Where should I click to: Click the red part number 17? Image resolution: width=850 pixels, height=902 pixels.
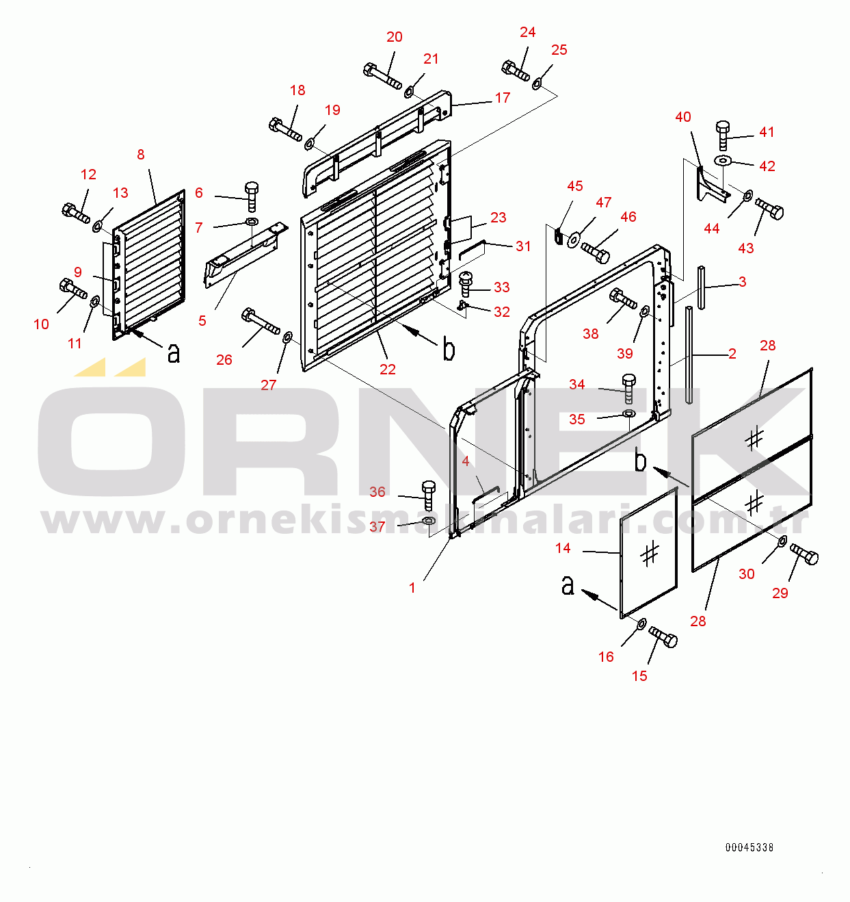pyautogui.click(x=503, y=98)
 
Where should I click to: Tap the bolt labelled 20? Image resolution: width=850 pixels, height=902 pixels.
pyautogui.click(x=382, y=76)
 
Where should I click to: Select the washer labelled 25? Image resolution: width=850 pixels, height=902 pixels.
pyautogui.click(x=537, y=83)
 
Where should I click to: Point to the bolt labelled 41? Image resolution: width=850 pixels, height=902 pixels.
pyautogui.click(x=723, y=136)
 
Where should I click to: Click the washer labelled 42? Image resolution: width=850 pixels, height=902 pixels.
pyautogui.click(x=723, y=160)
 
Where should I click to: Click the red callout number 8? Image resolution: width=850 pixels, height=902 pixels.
pyautogui.click(x=141, y=155)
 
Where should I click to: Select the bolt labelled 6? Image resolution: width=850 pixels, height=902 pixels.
pyautogui.click(x=252, y=197)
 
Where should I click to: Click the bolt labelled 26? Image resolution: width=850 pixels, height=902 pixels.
pyautogui.click(x=261, y=321)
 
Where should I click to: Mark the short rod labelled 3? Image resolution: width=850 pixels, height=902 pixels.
pyautogui.click(x=701, y=287)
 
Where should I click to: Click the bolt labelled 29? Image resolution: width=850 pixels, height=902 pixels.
pyautogui.click(x=804, y=554)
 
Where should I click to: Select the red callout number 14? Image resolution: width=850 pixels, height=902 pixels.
pyautogui.click(x=563, y=548)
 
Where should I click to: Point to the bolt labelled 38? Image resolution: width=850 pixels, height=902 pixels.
pyautogui.click(x=624, y=299)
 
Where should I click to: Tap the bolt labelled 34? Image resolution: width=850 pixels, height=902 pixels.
pyautogui.click(x=628, y=389)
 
